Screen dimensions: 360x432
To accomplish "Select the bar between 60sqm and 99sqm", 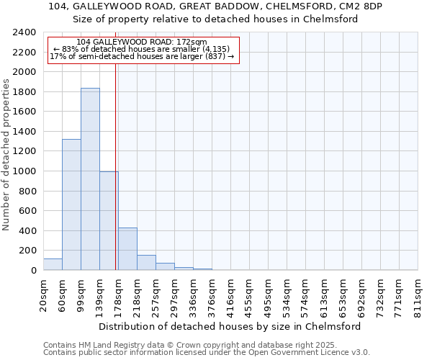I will tap(71, 204).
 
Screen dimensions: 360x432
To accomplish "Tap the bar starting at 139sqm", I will tap(109, 220).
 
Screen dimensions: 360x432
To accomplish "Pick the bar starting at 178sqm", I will tap(127, 249).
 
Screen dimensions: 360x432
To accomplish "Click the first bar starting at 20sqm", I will tap(53, 264).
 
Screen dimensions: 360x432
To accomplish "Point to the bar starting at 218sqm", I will tap(146, 263).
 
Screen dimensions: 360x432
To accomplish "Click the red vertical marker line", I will tap(116, 166).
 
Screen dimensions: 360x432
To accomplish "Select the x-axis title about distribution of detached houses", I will tap(229, 326).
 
